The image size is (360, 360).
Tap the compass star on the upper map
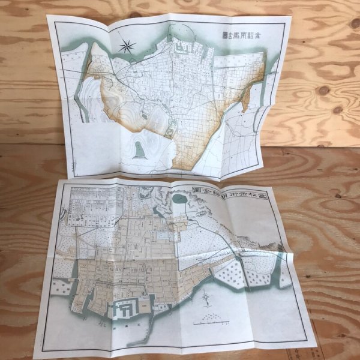[127, 44]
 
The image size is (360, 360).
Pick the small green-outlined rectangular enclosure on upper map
[170, 127]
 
